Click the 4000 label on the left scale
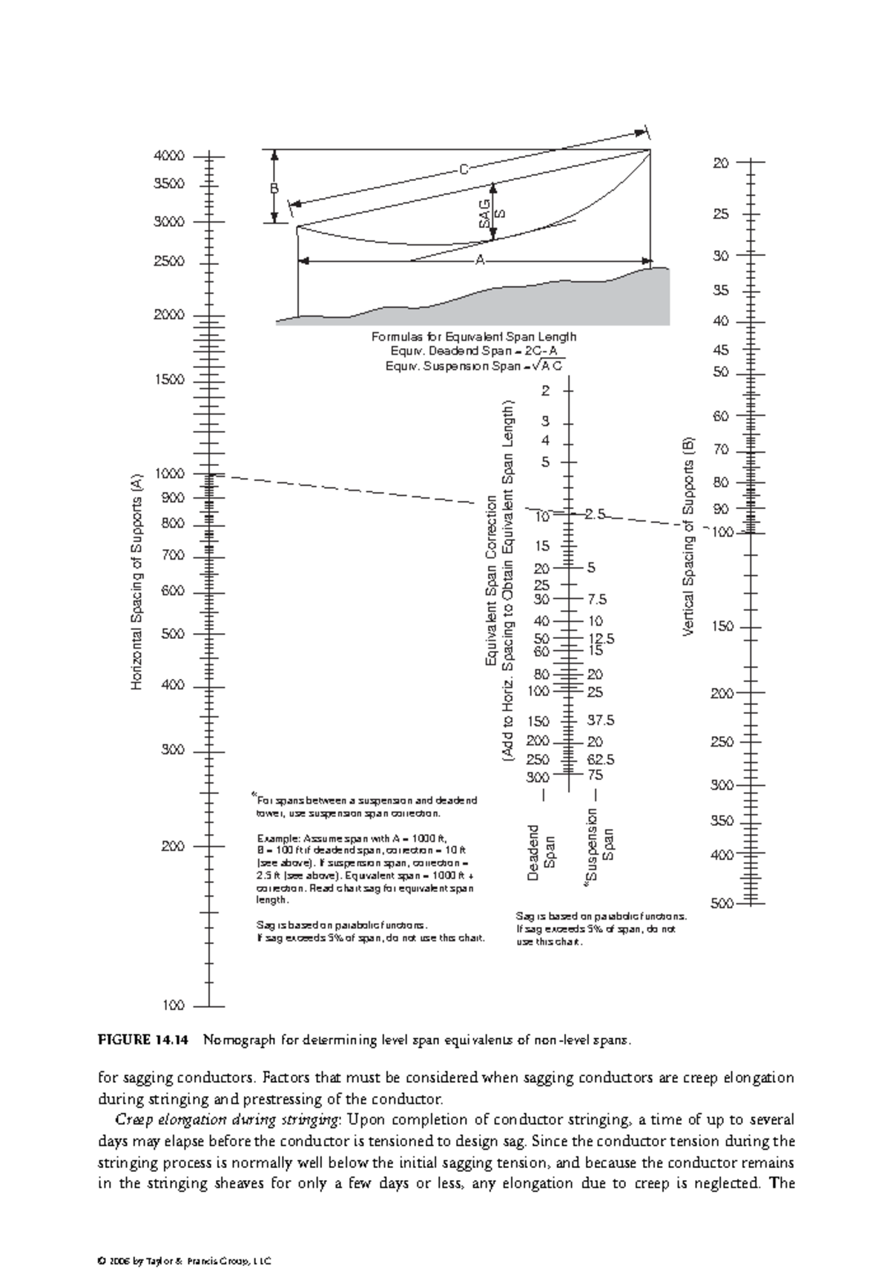pos(168,157)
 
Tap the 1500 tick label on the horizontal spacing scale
pos(168,380)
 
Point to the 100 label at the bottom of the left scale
pos(173,1006)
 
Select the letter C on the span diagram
pos(463,170)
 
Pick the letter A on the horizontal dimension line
pos(480,260)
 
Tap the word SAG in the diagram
pos(484,213)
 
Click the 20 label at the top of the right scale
pos(721,163)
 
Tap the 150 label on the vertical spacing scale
pos(722,627)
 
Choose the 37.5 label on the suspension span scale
pos(601,721)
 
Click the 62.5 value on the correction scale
pos(601,760)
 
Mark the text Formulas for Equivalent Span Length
pos(473,337)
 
